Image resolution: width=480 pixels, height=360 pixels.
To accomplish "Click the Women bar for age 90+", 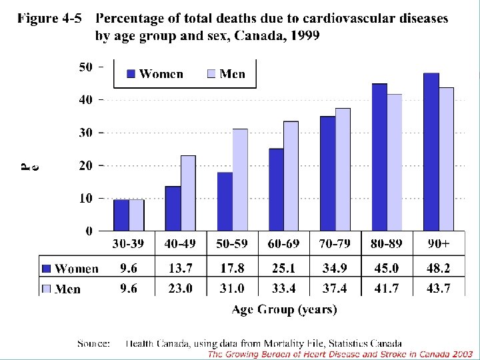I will (x=431, y=152).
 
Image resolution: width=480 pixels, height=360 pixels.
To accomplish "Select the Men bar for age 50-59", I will (x=239, y=180).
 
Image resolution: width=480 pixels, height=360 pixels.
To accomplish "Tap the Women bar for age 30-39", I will (x=121, y=215).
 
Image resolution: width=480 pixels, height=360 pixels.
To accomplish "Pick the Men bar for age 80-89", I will (x=395, y=163).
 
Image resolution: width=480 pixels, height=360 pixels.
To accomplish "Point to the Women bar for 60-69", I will (x=276, y=189).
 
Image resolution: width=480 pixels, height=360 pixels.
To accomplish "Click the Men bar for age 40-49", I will (x=188, y=193).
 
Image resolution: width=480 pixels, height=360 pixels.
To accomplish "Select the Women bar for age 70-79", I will (x=327, y=173).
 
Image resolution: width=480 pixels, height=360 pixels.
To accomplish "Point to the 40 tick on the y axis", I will (x=87, y=99).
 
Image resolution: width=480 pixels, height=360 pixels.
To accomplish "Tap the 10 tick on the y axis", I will (x=87, y=198).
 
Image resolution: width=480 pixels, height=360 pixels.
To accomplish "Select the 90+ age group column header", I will (x=438, y=243).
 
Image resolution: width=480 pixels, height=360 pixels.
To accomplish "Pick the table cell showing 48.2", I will (x=438, y=268).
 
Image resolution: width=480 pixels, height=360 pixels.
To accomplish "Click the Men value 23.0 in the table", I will (x=181, y=289).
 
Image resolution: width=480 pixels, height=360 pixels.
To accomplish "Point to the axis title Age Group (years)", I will (x=285, y=309).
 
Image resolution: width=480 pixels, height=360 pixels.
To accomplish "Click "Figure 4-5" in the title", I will (x=50, y=19).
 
